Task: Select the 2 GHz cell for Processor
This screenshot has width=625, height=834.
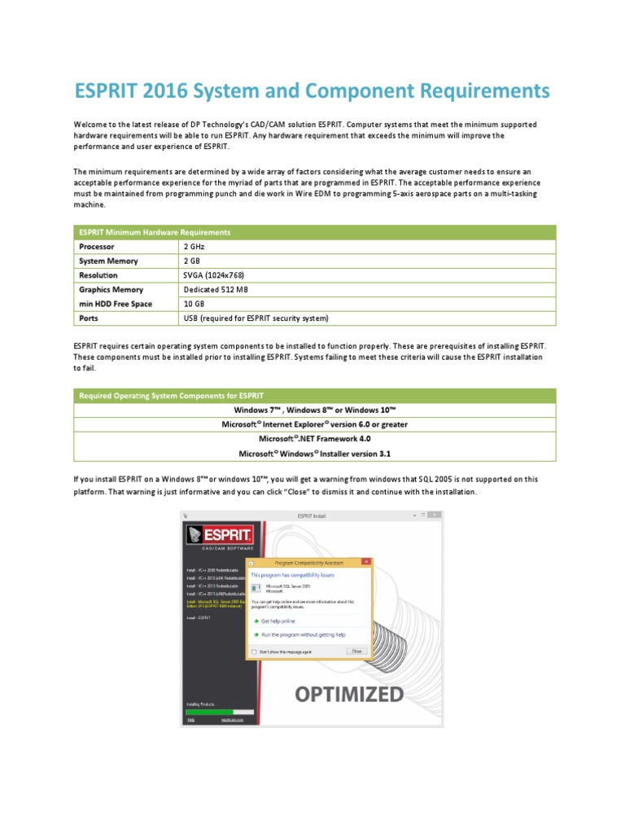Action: (x=194, y=247)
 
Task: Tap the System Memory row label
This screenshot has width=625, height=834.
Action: (x=108, y=261)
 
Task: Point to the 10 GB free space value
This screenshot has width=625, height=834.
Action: (x=194, y=304)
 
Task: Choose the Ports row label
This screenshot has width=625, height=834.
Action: (x=90, y=318)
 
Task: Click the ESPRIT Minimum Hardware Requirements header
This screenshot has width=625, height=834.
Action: (x=155, y=232)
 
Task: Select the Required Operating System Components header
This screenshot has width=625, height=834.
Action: (x=171, y=396)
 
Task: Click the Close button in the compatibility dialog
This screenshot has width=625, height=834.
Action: (x=356, y=652)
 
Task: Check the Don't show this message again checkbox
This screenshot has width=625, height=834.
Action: (x=255, y=652)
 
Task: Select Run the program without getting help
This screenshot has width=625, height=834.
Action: (x=302, y=634)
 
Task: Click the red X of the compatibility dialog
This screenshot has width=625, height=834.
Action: (x=368, y=562)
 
